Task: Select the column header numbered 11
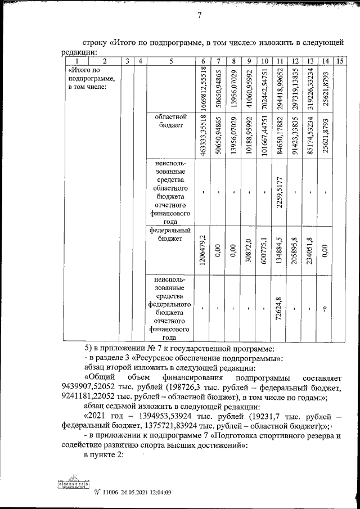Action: (x=280, y=61)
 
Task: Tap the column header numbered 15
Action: (x=339, y=61)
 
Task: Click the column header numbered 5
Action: (x=170, y=61)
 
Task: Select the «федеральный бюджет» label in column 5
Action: (x=169, y=234)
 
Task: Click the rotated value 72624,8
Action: (x=280, y=308)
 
